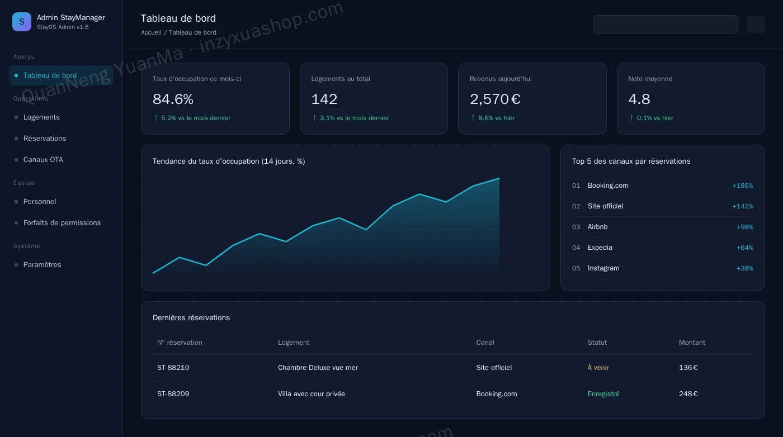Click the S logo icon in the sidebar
coord(22,22)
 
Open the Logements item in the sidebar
coord(41,117)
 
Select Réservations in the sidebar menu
coord(44,139)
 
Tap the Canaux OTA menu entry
coord(43,160)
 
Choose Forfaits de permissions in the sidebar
coord(62,222)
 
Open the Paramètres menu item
coord(42,264)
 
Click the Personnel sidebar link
coord(40,202)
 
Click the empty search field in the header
coord(665,25)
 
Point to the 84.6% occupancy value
coord(173,99)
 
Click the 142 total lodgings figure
coord(324,99)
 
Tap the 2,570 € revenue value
coord(495,99)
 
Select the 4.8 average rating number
coord(639,99)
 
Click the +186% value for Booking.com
coord(743,186)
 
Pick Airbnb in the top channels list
coord(597,227)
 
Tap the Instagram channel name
coord(603,268)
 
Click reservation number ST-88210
coord(173,368)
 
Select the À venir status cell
coord(598,368)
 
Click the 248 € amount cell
coord(688,393)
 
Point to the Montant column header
coord(692,343)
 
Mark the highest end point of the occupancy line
coord(499,178)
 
